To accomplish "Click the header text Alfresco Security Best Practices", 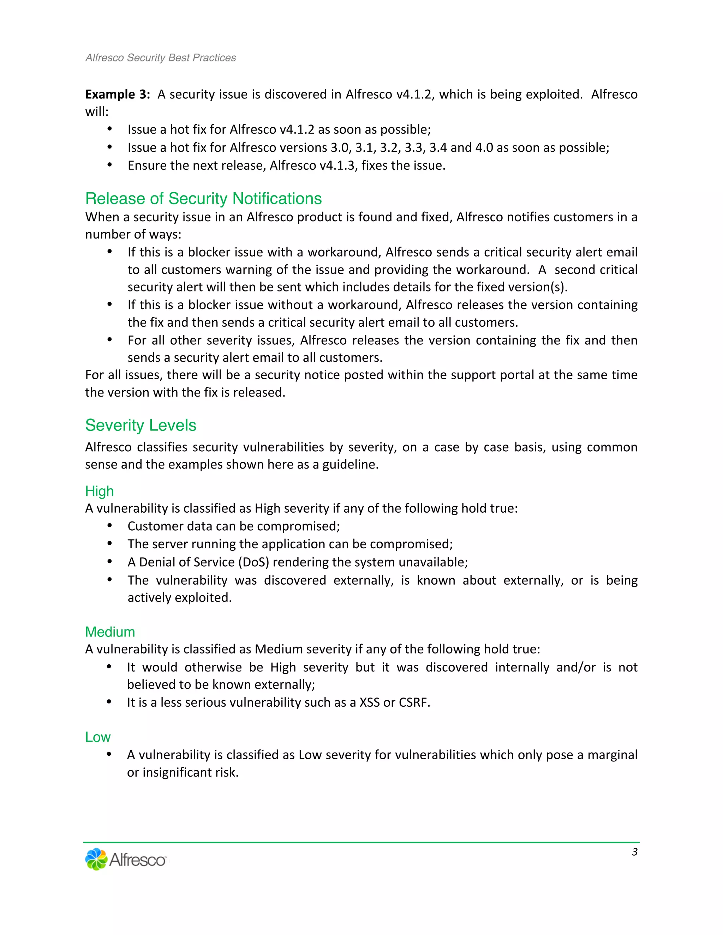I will point(161,58).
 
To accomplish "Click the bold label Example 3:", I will point(117,94).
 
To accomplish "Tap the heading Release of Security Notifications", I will point(203,199).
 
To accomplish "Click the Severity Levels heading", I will point(141,425).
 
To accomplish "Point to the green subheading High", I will point(99,491).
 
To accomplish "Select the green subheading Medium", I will point(110,632).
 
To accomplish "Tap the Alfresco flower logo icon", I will point(96,859).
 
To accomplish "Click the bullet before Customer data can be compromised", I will point(110,525).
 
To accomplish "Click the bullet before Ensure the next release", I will point(110,165).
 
